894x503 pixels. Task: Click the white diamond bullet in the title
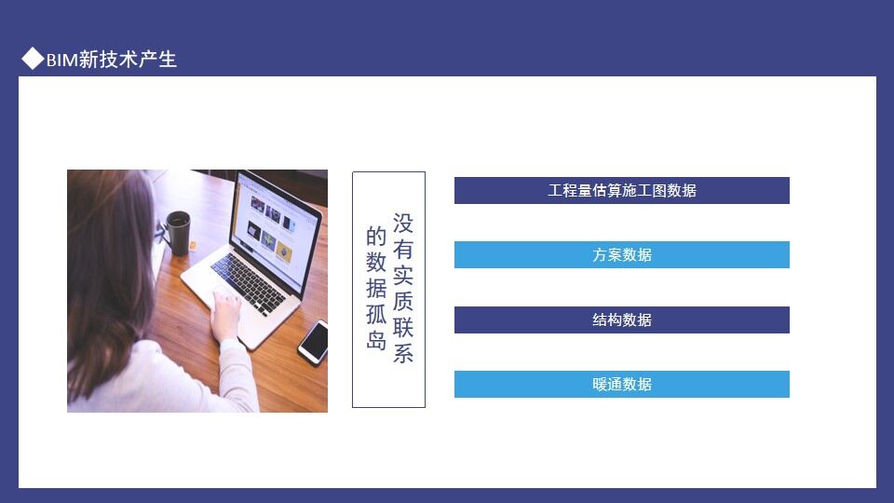tap(33, 59)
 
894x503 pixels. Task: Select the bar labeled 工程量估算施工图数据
tap(622, 190)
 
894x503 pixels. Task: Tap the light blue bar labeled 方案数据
tap(622, 254)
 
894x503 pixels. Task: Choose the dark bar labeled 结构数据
tap(622, 319)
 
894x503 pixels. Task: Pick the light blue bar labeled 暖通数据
tap(622, 384)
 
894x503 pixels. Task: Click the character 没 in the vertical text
tap(402, 224)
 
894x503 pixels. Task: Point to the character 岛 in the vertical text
tap(375, 340)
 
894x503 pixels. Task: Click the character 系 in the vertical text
tap(402, 354)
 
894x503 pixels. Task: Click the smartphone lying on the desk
tap(314, 342)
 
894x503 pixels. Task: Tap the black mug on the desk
tap(178, 232)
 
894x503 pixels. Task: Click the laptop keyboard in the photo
tap(248, 282)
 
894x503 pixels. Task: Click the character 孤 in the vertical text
tap(375, 314)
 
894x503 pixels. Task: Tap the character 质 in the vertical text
tap(402, 302)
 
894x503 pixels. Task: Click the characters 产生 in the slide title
tap(159, 60)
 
